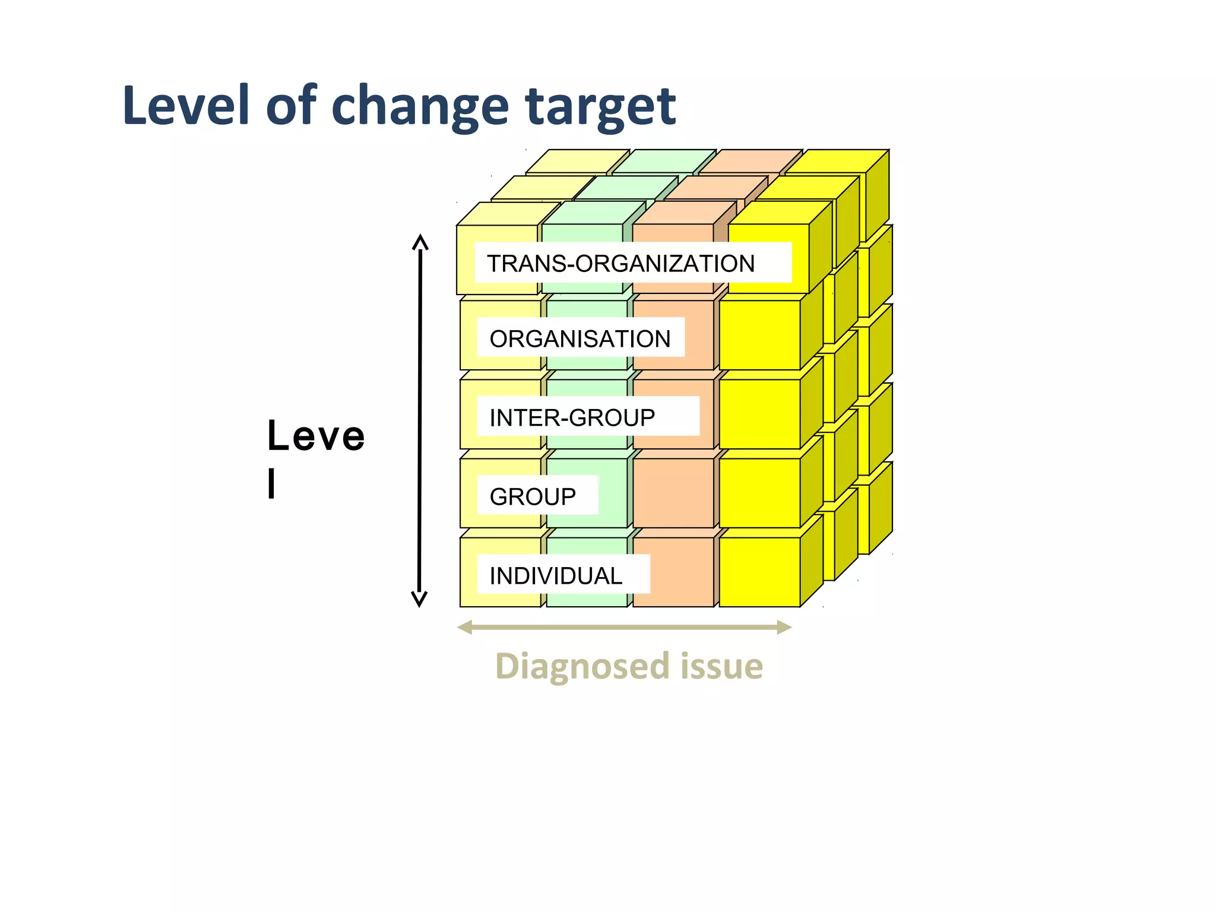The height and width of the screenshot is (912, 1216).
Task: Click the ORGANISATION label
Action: pyautogui.click(x=581, y=338)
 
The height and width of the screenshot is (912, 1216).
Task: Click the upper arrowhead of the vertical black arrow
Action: pyautogui.click(x=420, y=242)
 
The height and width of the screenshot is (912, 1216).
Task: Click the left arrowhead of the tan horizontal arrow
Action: pyautogui.click(x=465, y=627)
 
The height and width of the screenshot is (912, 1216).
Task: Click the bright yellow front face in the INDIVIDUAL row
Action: pyautogui.click(x=759, y=572)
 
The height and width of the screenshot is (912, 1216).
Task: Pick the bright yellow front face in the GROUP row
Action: pyautogui.click(x=759, y=493)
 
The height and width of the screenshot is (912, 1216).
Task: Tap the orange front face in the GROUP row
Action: pyautogui.click(x=673, y=493)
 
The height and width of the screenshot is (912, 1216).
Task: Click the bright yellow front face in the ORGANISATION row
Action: pyautogui.click(x=759, y=335)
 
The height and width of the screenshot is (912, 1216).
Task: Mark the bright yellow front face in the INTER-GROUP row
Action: pyautogui.click(x=759, y=414)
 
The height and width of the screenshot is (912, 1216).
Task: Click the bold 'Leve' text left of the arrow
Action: pyautogui.click(x=316, y=436)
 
